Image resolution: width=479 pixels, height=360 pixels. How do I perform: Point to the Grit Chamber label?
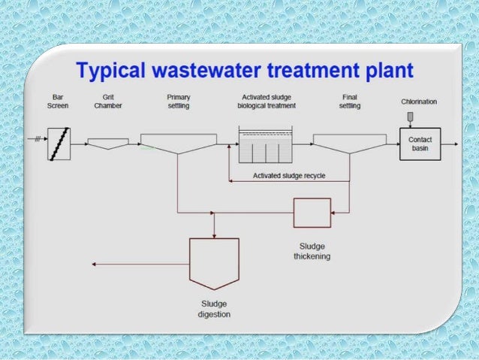(108, 102)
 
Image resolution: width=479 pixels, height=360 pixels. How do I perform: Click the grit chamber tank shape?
(108, 143)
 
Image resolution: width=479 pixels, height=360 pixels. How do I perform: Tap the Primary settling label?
(178, 102)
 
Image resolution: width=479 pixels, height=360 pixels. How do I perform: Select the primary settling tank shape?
(178, 143)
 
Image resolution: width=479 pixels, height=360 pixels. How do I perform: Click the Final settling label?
(350, 102)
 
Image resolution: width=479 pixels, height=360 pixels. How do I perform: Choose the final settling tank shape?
(349, 143)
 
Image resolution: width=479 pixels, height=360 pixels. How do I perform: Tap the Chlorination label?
(418, 101)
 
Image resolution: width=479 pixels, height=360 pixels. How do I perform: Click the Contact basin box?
(420, 143)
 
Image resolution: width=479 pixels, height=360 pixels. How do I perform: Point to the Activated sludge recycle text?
(289, 176)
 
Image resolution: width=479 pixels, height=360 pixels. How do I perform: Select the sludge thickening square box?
(312, 213)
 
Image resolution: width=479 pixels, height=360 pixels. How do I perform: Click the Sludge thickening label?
(312, 251)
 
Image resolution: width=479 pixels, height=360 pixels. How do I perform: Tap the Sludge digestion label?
(214, 309)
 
